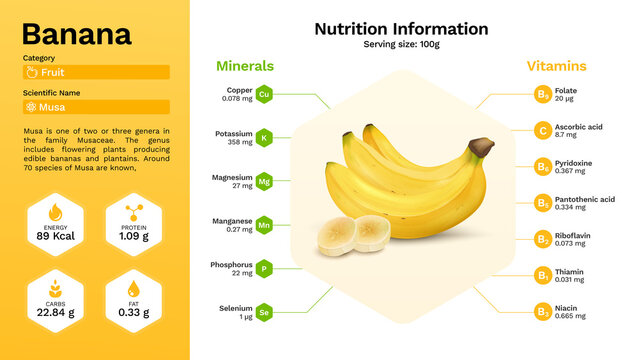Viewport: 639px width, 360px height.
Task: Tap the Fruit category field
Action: [96, 72]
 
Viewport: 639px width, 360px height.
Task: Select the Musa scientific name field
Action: [96, 107]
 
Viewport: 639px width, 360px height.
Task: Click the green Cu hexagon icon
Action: [264, 95]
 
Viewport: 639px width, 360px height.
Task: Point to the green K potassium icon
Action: [264, 138]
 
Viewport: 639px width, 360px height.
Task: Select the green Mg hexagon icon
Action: [264, 182]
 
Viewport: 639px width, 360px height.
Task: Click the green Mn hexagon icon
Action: [264, 225]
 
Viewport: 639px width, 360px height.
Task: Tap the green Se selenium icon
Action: [264, 312]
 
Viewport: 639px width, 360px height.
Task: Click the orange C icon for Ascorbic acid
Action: [542, 130]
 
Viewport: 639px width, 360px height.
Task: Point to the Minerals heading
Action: [245, 66]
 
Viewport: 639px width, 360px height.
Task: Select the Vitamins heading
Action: [556, 66]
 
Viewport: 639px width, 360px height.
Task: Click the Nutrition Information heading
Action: [401, 29]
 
